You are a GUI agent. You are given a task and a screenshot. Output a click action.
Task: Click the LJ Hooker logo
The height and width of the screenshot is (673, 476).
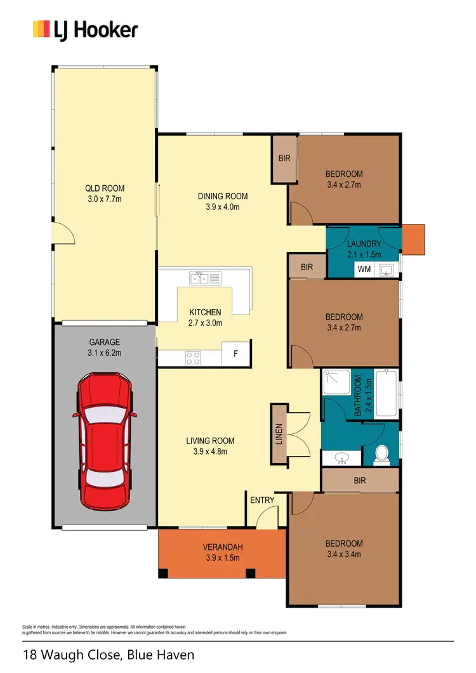pos(85,29)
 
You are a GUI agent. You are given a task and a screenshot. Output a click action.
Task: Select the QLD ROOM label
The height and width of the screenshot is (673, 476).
pos(105,188)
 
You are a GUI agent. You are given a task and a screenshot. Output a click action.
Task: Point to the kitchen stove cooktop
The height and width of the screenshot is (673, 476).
pos(193,358)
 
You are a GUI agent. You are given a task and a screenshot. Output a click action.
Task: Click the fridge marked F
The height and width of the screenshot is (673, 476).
pos(235,354)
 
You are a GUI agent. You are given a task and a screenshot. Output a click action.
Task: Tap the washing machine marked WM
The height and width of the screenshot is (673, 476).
pos(364,269)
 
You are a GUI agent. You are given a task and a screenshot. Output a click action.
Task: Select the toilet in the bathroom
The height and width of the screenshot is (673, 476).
pos(382,454)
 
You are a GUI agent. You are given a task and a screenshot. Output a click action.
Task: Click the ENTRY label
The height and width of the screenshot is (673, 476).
pos(262,500)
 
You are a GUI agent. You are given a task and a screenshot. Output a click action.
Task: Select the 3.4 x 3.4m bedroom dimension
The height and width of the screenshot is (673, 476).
pos(344,554)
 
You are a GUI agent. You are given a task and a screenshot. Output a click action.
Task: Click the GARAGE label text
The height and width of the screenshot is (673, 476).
pos(104,342)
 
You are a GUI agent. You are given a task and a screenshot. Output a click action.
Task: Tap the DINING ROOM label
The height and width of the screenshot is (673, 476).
pos(222,196)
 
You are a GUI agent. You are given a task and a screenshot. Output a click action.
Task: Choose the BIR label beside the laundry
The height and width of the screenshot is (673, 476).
pos(307,268)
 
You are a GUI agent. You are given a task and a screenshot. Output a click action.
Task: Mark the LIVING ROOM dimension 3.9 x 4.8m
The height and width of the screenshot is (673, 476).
pos(209,452)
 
